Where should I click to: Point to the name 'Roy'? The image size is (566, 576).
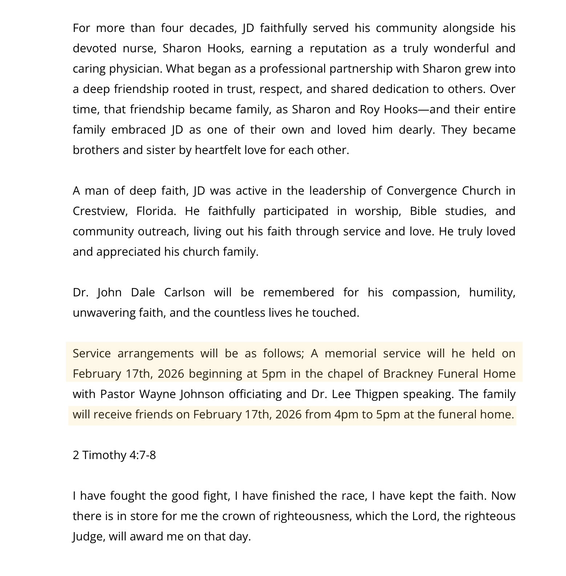point(369,110)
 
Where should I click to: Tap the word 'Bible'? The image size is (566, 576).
point(423,211)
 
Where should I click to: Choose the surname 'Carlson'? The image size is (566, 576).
point(184,293)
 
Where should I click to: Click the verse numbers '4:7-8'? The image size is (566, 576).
point(142,455)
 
